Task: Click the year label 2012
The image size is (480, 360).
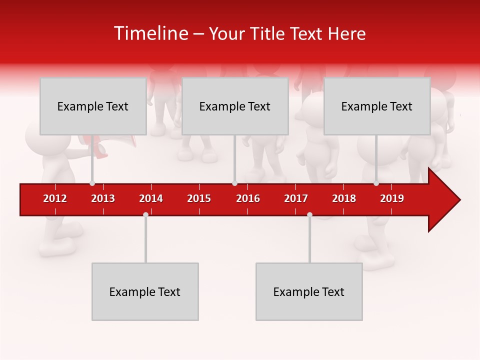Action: point(55,198)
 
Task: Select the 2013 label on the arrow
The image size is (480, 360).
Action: point(103,198)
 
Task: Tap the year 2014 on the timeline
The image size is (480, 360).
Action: point(151,198)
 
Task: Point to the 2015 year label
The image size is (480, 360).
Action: point(199,198)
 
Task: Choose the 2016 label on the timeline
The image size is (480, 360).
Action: point(248,198)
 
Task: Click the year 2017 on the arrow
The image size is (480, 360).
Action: point(296,198)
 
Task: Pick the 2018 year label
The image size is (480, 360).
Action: point(344,198)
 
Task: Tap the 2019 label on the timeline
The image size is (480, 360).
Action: point(392,198)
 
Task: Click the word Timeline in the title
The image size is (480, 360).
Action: point(150,33)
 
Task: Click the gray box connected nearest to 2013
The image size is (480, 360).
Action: point(93,106)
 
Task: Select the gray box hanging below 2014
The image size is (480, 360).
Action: point(145,291)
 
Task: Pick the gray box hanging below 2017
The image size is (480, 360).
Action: point(309,291)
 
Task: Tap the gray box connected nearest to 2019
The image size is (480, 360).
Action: point(377,106)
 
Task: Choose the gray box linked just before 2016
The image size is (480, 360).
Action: point(235,106)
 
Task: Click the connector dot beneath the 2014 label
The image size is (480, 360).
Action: point(145,214)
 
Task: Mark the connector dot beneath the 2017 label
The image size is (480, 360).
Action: point(309,214)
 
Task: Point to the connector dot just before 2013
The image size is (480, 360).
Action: point(92,183)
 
